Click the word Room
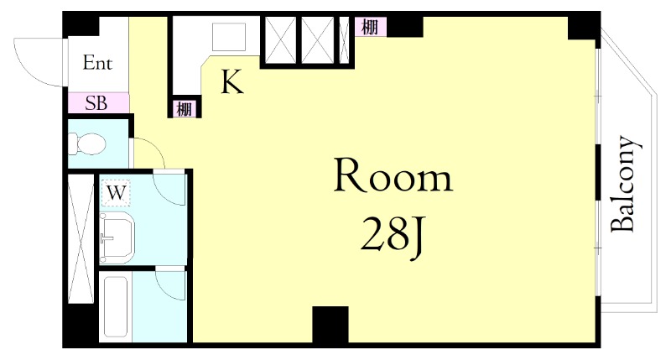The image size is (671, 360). tap(393, 175)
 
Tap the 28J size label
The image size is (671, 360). tap(393, 237)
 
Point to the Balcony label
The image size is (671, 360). tap(626, 185)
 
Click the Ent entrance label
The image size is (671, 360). tap(97, 63)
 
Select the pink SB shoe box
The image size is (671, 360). tap(98, 103)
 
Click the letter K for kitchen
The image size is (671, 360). tap(232, 82)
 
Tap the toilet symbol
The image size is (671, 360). tap(87, 143)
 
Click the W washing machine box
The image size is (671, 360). tap(116, 193)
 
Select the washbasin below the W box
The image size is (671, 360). tap(117, 237)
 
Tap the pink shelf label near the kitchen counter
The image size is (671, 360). tap(185, 109)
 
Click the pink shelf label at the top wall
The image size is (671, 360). tap(370, 27)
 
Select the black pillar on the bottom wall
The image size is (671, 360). tap(330, 325)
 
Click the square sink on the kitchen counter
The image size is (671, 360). tap(229, 37)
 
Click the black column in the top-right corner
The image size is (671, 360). tap(582, 27)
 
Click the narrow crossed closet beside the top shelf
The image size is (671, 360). tap(345, 40)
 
